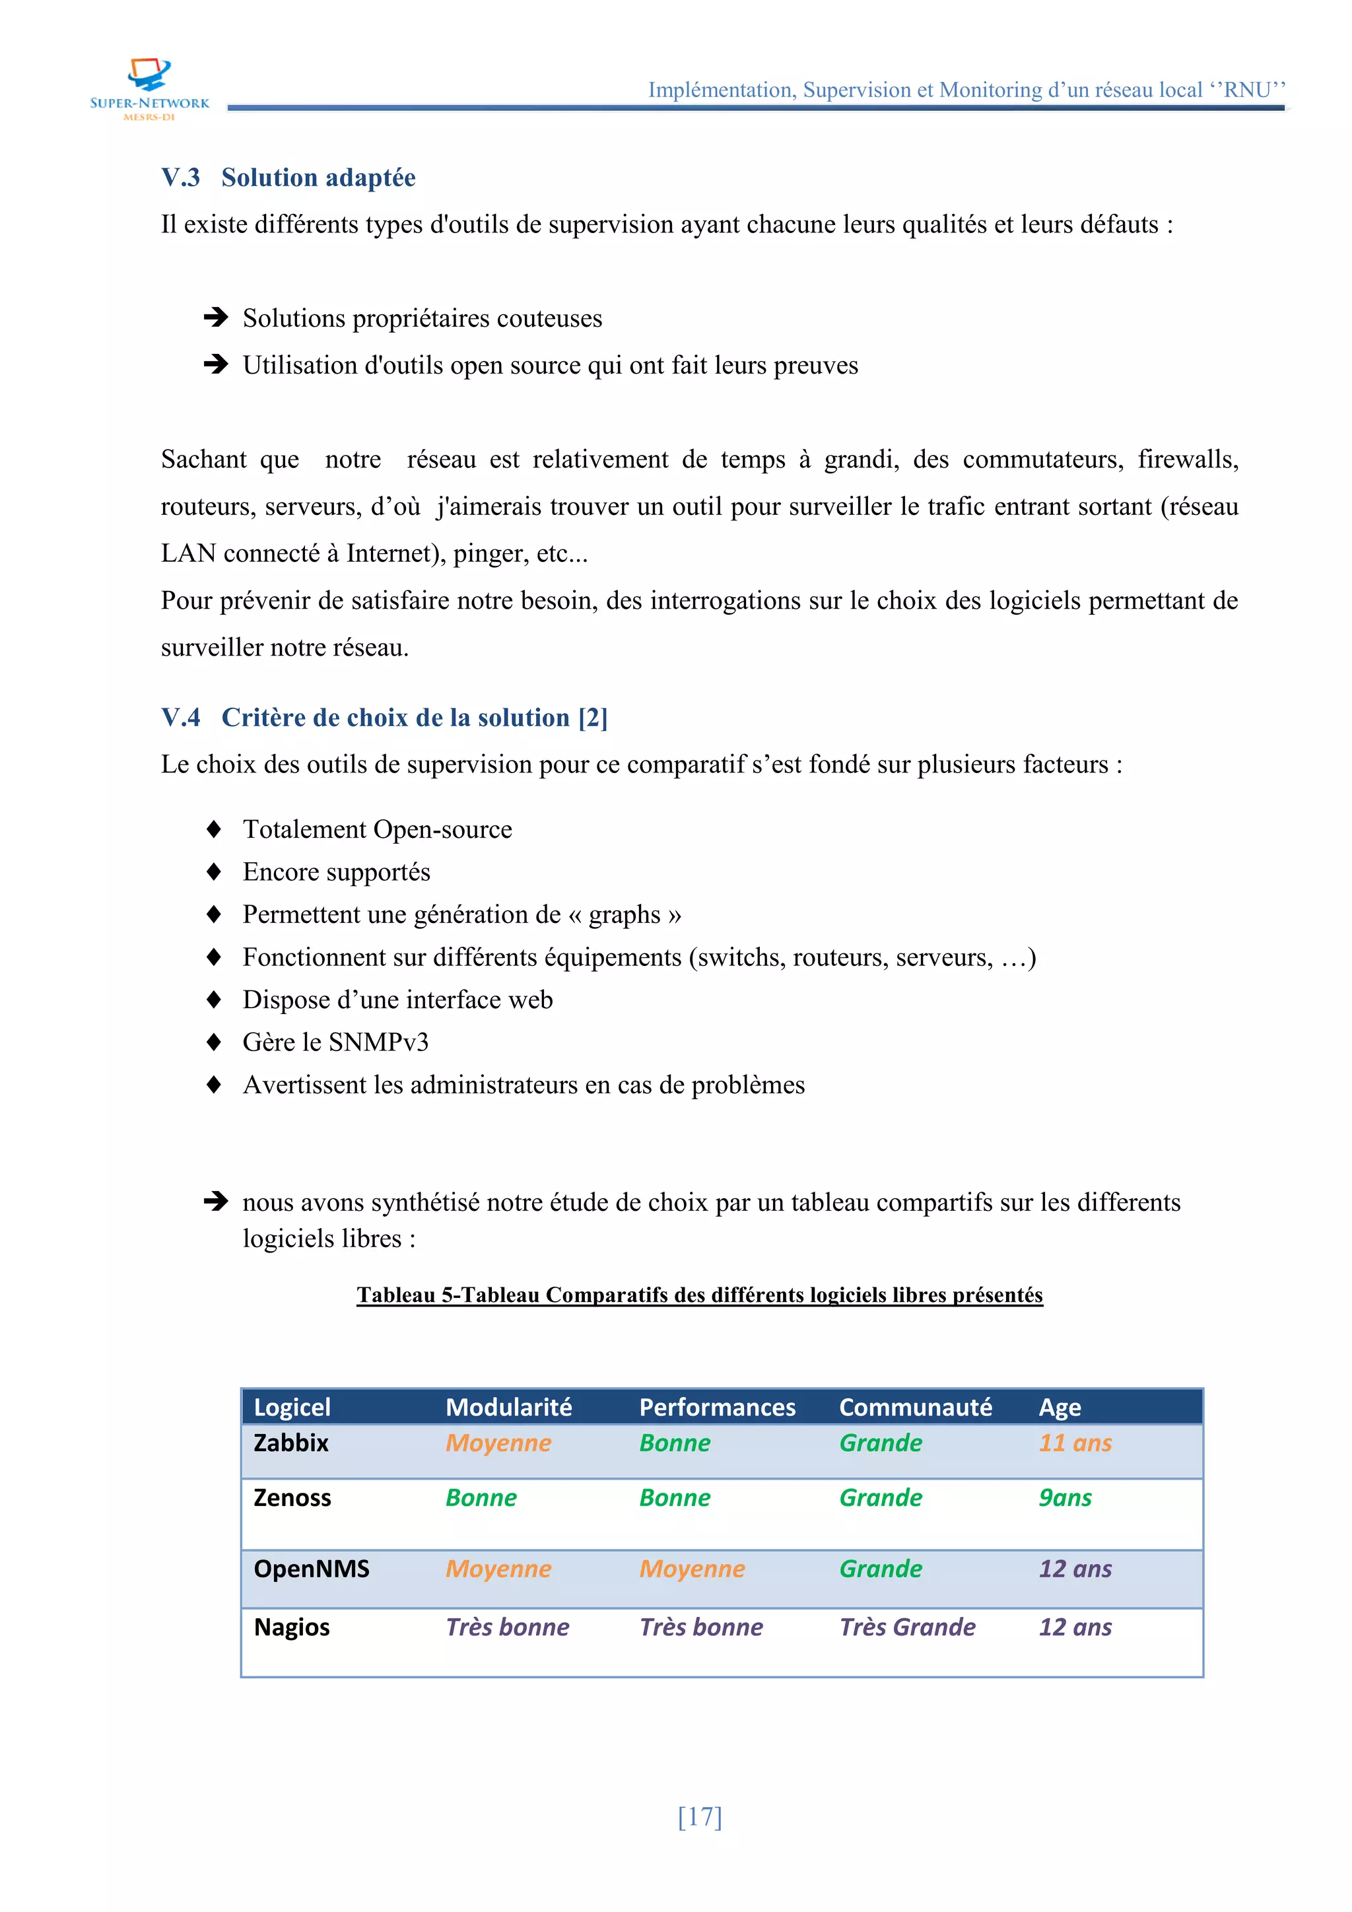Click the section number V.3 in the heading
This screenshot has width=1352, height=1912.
pos(181,178)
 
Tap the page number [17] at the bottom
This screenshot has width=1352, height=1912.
pos(699,1816)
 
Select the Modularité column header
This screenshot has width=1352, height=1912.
pos(509,1406)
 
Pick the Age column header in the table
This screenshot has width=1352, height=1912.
pos(1059,1406)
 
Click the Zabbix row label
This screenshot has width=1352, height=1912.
pos(290,1443)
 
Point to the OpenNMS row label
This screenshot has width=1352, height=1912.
pos(312,1568)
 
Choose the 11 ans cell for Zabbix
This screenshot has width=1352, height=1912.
pos(1075,1443)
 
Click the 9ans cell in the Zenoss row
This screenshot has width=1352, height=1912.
pos(1065,1497)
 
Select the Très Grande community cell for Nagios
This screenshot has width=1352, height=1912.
pos(906,1626)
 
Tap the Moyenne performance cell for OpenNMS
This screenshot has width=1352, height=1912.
pos(692,1568)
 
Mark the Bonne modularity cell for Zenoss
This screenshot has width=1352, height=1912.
pos(481,1497)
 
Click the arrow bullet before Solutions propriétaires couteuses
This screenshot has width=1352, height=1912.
pos(216,318)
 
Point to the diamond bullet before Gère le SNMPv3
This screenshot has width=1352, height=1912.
pos(214,1042)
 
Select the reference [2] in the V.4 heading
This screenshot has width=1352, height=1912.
pos(593,717)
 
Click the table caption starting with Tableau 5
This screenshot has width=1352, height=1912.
pos(699,1294)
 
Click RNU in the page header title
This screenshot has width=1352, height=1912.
pos(1246,89)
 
